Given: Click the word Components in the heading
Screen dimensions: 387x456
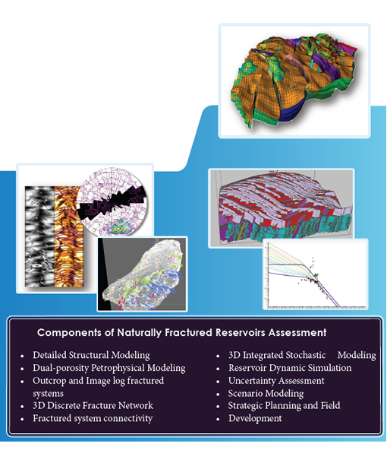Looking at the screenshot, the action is pyautogui.click(x=69, y=333).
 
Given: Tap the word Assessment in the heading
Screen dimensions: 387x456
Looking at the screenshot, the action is pyautogui.click(x=297, y=332).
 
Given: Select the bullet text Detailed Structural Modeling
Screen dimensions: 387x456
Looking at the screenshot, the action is pyautogui.click(x=91, y=355).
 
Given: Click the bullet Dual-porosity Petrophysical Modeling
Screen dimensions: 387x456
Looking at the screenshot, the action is pyautogui.click(x=109, y=368).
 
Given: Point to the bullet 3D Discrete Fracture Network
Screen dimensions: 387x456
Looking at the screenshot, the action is pyautogui.click(x=93, y=405).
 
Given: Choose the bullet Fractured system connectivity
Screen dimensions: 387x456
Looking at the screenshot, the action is pyautogui.click(x=93, y=418).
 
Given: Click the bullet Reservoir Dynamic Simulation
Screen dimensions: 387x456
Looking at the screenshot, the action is pyautogui.click(x=290, y=368).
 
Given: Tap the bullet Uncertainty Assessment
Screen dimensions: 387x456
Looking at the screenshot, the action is pyautogui.click(x=276, y=381).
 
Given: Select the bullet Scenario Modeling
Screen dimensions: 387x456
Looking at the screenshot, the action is pyautogui.click(x=266, y=394).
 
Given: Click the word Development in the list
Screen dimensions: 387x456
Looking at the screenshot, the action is pyautogui.click(x=255, y=418).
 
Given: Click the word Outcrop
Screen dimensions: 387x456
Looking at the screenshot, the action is pyautogui.click(x=49, y=381).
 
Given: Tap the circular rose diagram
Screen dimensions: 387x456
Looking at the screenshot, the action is pyautogui.click(x=112, y=201).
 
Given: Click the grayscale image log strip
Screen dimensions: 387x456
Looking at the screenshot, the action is pyautogui.click(x=39, y=236).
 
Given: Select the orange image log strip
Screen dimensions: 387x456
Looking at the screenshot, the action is pyautogui.click(x=69, y=236).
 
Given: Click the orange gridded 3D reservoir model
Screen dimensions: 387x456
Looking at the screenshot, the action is pyautogui.click(x=293, y=81).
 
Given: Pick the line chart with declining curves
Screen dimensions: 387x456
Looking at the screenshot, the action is pyautogui.click(x=316, y=274).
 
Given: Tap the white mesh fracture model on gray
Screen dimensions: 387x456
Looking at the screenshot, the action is pyautogui.click(x=142, y=274).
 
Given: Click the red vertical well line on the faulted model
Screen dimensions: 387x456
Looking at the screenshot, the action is pyautogui.click(x=278, y=178).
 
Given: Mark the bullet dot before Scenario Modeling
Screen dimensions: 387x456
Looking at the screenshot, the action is pyautogui.click(x=218, y=394).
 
